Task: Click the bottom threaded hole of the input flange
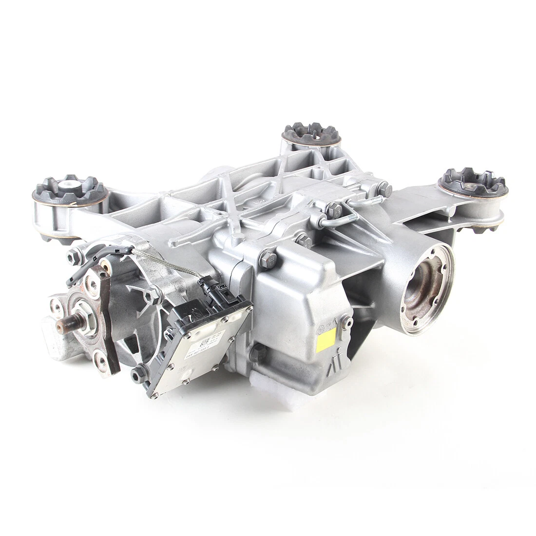101,360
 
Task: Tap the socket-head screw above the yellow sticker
345,320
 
